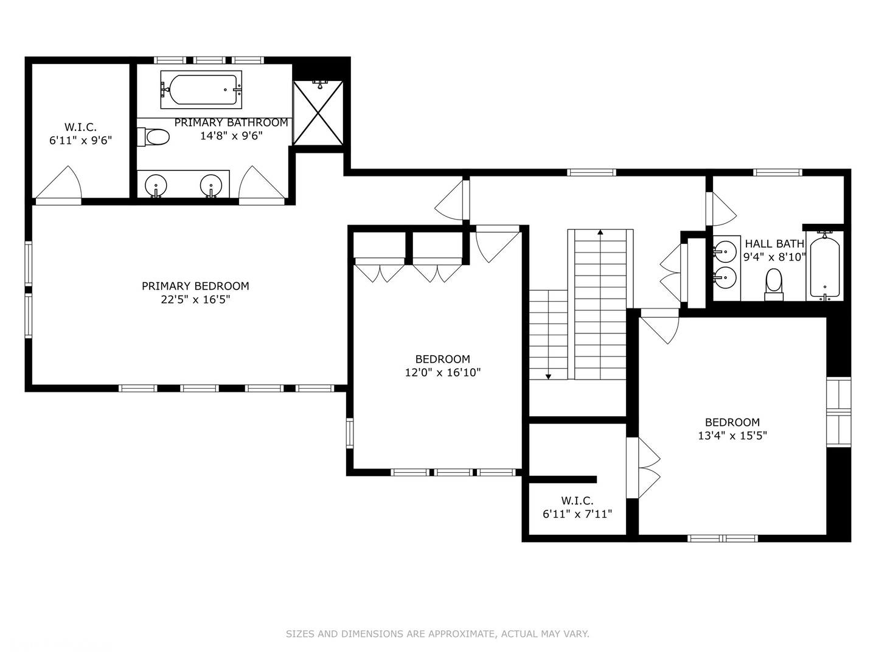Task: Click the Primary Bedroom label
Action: [195, 286]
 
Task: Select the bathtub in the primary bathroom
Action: [201, 89]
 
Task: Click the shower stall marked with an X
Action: [318, 113]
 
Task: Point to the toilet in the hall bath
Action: [774, 283]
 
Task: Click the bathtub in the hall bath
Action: [824, 266]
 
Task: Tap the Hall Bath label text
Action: [774, 244]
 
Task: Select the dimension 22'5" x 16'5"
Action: [195, 299]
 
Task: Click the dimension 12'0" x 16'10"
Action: [443, 372]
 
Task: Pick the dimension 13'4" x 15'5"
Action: [732, 436]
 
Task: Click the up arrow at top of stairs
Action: [600, 232]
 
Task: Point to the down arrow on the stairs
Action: [548, 377]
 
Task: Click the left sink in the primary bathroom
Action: [157, 184]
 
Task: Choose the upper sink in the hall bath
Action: [725, 250]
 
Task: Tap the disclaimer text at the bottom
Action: [437, 634]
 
